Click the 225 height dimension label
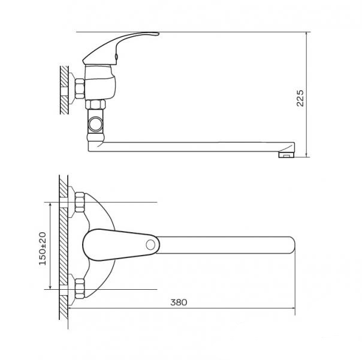pos(300,98)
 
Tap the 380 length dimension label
pos(179,302)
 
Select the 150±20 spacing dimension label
pos(43,248)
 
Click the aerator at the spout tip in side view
pos(286,155)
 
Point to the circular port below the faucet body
pos(95,124)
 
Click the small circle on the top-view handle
pos(150,245)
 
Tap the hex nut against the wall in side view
pos(80,89)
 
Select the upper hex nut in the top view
pos(80,202)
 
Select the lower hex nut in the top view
pos(80,289)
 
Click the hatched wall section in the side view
pos(64,90)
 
